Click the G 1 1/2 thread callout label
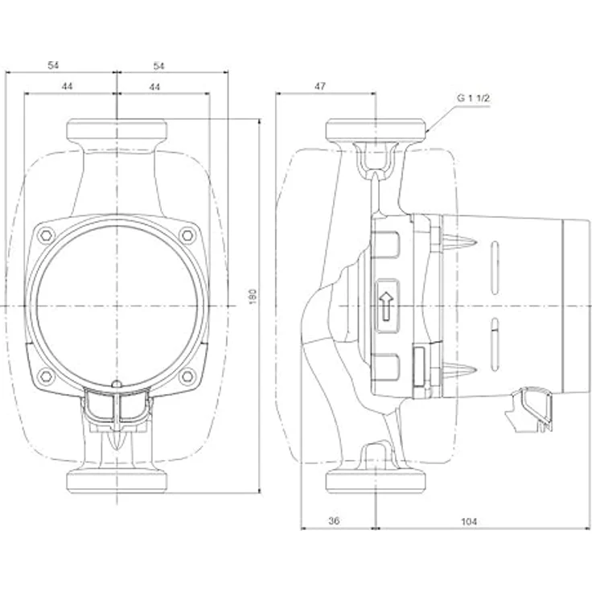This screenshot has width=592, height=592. pos(473,98)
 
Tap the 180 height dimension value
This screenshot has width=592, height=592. pos(253,297)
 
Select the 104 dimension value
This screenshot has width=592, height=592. pos(469,521)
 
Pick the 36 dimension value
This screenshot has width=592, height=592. pos(334,520)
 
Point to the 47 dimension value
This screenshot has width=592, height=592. pos(320,86)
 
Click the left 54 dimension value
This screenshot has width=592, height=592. pos(53,65)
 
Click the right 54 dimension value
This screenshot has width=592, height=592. pos(159,66)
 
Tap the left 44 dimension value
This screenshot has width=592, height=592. pos(67,86)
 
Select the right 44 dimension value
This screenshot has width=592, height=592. pos(154,86)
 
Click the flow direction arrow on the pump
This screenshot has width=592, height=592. pos(386,306)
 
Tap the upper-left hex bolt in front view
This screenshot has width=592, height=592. pos(46,236)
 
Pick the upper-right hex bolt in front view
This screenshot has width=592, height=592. pos(187,236)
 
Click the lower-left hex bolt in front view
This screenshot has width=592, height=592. pos(46,376)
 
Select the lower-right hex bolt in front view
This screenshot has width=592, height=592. pos(187,376)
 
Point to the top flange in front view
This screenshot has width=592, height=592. pos(117,129)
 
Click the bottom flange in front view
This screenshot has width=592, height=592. pos(117,481)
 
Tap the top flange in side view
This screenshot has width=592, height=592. pos(376,129)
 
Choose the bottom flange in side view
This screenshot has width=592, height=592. pos(376,481)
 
